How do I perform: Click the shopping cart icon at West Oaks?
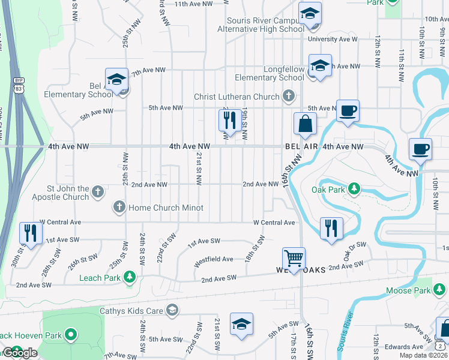click(294, 258)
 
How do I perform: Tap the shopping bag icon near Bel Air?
click(305, 124)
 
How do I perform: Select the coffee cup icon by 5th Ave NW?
click(348, 110)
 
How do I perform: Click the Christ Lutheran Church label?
click(237, 97)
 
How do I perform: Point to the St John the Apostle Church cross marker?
click(98, 192)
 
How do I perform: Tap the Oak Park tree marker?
click(354, 190)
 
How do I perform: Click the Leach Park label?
click(100, 277)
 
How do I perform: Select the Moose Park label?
click(408, 291)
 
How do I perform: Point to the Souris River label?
click(347, 330)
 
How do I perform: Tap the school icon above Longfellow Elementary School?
click(320, 65)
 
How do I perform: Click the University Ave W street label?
click(333, 40)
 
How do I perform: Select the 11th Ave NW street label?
click(193, 4)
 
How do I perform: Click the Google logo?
click(20, 353)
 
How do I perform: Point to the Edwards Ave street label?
click(404, 347)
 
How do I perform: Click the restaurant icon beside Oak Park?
click(331, 228)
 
